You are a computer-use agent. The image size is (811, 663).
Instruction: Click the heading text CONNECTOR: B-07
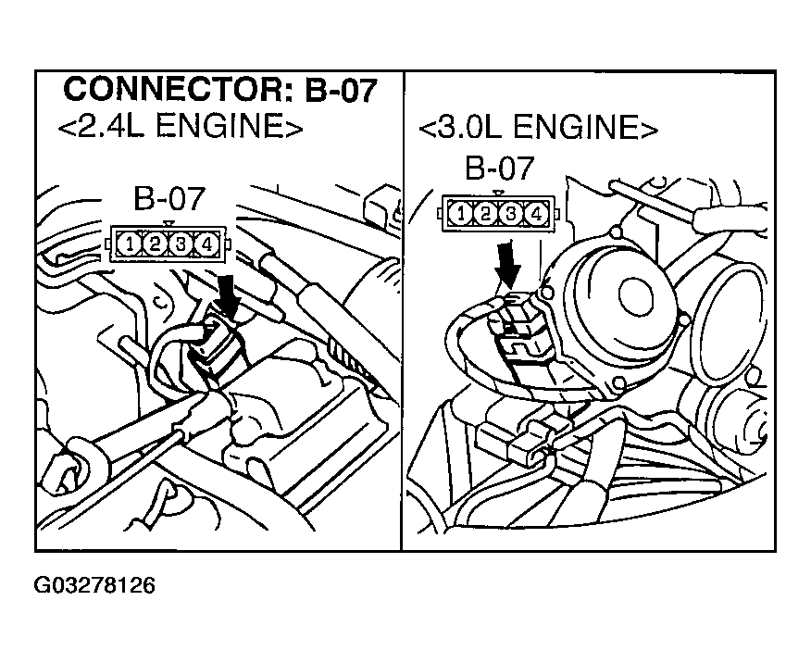tap(220, 91)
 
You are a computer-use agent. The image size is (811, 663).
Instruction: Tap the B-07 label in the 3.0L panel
tap(499, 169)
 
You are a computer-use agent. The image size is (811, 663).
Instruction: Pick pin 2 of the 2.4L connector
tap(155, 244)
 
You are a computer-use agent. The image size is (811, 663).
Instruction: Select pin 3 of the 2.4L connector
tap(181, 244)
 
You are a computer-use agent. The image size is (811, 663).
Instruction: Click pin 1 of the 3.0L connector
tap(460, 214)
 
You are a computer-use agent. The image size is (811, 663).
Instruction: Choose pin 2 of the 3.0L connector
tap(485, 214)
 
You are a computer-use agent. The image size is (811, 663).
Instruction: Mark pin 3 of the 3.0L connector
tap(510, 214)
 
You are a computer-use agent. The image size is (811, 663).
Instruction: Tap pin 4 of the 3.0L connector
tap(535, 214)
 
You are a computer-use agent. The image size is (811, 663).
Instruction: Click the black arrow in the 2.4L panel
tap(227, 294)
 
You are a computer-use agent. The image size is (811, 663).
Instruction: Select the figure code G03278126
tap(94, 585)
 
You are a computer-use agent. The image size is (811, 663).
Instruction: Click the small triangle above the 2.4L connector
tap(167, 222)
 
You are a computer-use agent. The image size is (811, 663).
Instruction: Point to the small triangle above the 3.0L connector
tap(498, 193)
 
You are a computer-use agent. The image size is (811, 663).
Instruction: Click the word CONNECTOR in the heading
tap(163, 91)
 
